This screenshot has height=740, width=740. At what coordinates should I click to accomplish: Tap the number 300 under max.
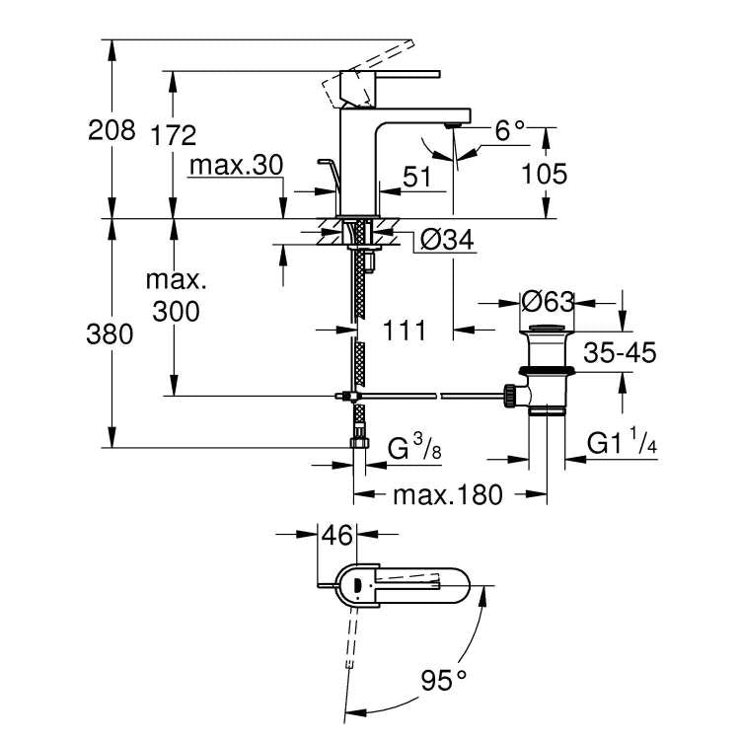click(x=177, y=312)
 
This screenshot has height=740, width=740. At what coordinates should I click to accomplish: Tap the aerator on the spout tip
click(x=455, y=125)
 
